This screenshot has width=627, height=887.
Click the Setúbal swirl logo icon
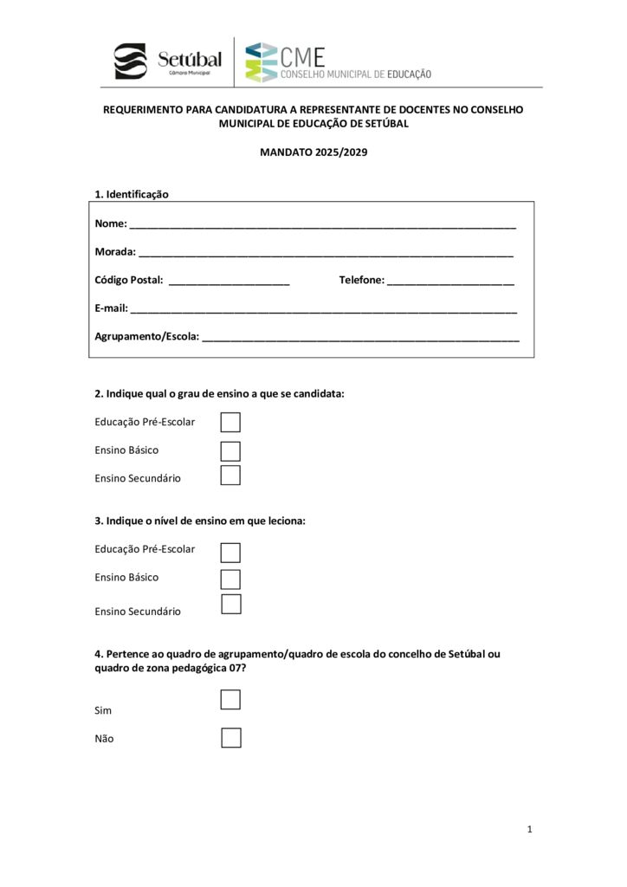coord(131,62)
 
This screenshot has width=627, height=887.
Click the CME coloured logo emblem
coord(262,62)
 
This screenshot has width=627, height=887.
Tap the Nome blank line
coord(322,225)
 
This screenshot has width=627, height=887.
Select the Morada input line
coord(326,254)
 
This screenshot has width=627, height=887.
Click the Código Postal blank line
coord(229,282)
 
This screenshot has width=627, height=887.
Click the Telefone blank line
coord(450,282)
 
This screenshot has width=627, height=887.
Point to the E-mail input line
coord(324,309)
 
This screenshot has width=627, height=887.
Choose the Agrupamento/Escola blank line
coord(360,338)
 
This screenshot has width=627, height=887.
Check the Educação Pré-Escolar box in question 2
coord(230,422)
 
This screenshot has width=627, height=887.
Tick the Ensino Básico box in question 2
coord(230,450)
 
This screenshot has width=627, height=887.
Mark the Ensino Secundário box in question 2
coord(230,476)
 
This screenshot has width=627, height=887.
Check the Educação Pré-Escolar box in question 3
coord(230,552)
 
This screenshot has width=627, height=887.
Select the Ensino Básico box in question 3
coord(230,579)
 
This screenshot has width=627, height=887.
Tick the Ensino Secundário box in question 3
coord(230,605)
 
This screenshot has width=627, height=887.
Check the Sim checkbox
coord(230,699)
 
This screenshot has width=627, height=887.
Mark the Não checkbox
coord(230,738)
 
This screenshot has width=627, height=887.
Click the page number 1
coord(529,830)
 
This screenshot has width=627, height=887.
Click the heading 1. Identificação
coord(132,194)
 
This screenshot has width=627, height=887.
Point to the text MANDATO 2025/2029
coord(313,152)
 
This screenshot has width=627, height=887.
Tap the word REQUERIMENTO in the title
coord(143,110)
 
